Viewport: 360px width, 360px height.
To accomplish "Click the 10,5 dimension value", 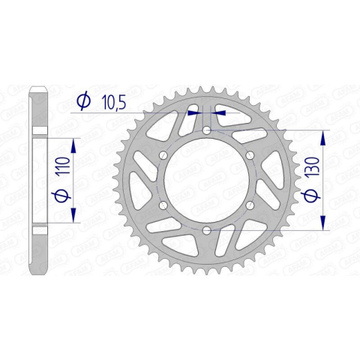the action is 113,103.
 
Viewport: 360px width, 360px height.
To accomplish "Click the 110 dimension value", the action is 64,166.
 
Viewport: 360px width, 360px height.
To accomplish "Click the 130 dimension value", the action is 313,166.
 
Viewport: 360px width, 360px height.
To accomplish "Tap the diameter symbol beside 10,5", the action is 83,101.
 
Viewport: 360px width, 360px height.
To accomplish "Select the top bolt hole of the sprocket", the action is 206,130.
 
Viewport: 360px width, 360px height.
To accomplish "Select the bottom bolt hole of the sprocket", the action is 206,230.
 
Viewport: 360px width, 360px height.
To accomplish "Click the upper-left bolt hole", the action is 163,155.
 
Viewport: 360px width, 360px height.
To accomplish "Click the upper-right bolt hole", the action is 250,155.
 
